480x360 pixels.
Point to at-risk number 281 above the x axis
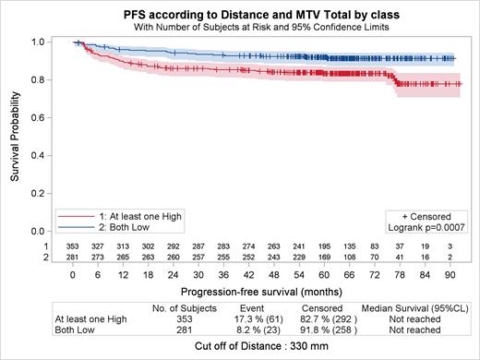click(x=72, y=257)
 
